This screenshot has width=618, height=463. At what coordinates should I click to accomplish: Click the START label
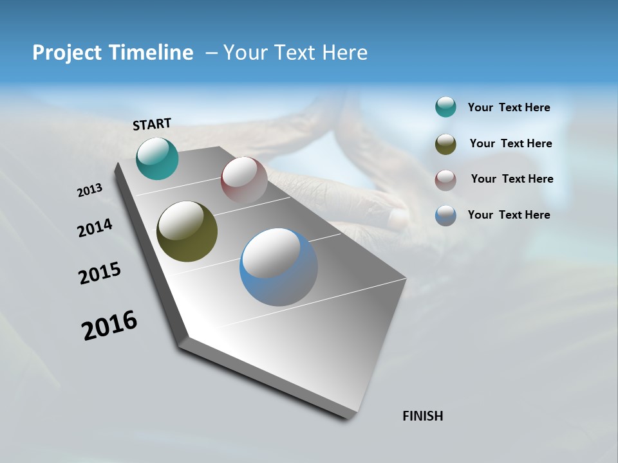click(152, 124)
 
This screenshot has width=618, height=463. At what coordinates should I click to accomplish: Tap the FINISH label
click(423, 416)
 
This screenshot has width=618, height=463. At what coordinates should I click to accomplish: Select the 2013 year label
click(90, 190)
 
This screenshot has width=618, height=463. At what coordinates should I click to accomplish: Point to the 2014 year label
click(95, 228)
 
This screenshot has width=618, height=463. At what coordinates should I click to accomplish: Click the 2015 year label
click(100, 273)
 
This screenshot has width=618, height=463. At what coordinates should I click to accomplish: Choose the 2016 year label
click(109, 325)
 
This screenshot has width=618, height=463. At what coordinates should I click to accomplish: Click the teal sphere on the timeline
click(157, 158)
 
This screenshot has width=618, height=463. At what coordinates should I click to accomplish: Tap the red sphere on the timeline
click(244, 180)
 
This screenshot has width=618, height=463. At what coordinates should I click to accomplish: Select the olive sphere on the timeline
click(187, 232)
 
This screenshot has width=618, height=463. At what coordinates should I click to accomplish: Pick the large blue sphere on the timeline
click(279, 267)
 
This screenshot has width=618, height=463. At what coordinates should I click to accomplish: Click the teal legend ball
click(445, 107)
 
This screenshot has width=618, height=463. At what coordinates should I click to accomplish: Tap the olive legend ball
click(445, 144)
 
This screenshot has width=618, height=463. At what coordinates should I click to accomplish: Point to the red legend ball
click(445, 179)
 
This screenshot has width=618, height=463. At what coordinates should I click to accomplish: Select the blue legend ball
click(445, 215)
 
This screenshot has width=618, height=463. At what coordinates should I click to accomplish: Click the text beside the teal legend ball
click(509, 107)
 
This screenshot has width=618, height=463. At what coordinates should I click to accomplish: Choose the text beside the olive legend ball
click(510, 143)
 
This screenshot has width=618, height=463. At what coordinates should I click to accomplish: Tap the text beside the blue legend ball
click(509, 215)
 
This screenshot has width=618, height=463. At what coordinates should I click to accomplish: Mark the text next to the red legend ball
click(512, 179)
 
